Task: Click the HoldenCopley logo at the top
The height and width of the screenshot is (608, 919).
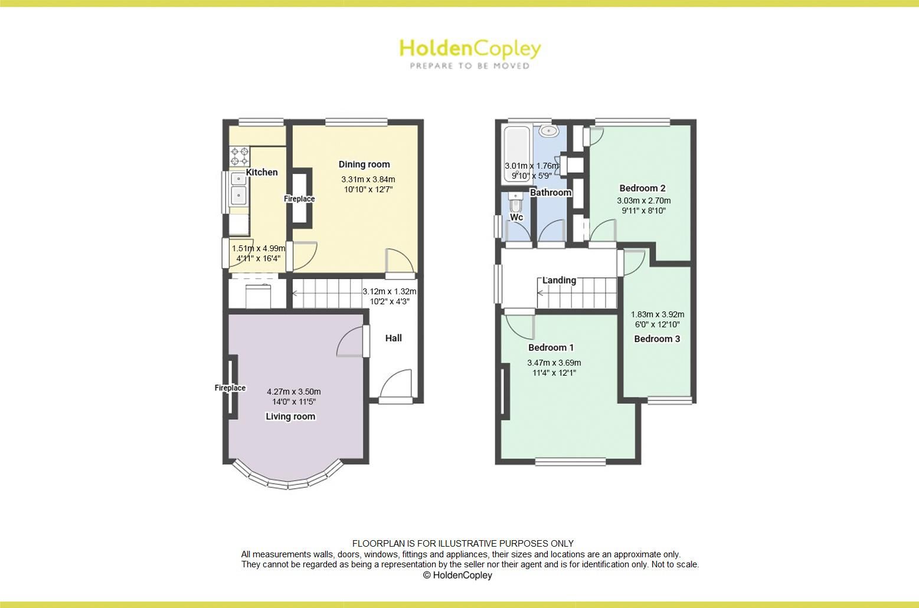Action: pyautogui.click(x=470, y=53)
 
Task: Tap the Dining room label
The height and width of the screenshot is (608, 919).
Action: pyautogui.click(x=364, y=165)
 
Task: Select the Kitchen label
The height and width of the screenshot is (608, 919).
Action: pyautogui.click(x=261, y=172)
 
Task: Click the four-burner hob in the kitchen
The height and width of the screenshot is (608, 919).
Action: pyautogui.click(x=240, y=156)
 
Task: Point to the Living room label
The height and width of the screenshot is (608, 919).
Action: pyautogui.click(x=290, y=416)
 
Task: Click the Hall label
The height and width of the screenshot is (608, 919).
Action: pyautogui.click(x=394, y=338)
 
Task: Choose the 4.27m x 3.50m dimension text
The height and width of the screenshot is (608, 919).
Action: pyautogui.click(x=294, y=392)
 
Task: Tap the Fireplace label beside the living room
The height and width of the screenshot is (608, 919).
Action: pyautogui.click(x=230, y=388)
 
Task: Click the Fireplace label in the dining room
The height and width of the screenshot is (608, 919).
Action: pyautogui.click(x=299, y=199)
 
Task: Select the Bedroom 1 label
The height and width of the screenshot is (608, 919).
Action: pyautogui.click(x=551, y=347)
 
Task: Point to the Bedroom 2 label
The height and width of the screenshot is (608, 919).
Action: pyautogui.click(x=643, y=188)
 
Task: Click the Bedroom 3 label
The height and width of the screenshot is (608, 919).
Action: pyautogui.click(x=657, y=338)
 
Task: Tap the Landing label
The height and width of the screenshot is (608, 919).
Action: pyautogui.click(x=559, y=280)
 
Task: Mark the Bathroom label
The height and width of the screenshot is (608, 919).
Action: pyautogui.click(x=551, y=192)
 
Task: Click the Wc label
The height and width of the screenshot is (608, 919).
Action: pyautogui.click(x=516, y=218)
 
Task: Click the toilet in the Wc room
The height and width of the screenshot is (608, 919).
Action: pyautogui.click(x=515, y=203)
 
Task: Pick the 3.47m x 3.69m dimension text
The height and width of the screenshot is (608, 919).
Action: pyautogui.click(x=554, y=363)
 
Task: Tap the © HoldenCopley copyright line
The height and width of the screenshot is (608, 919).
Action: pyautogui.click(x=457, y=575)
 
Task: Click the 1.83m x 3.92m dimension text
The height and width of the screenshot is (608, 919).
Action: pyautogui.click(x=658, y=314)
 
